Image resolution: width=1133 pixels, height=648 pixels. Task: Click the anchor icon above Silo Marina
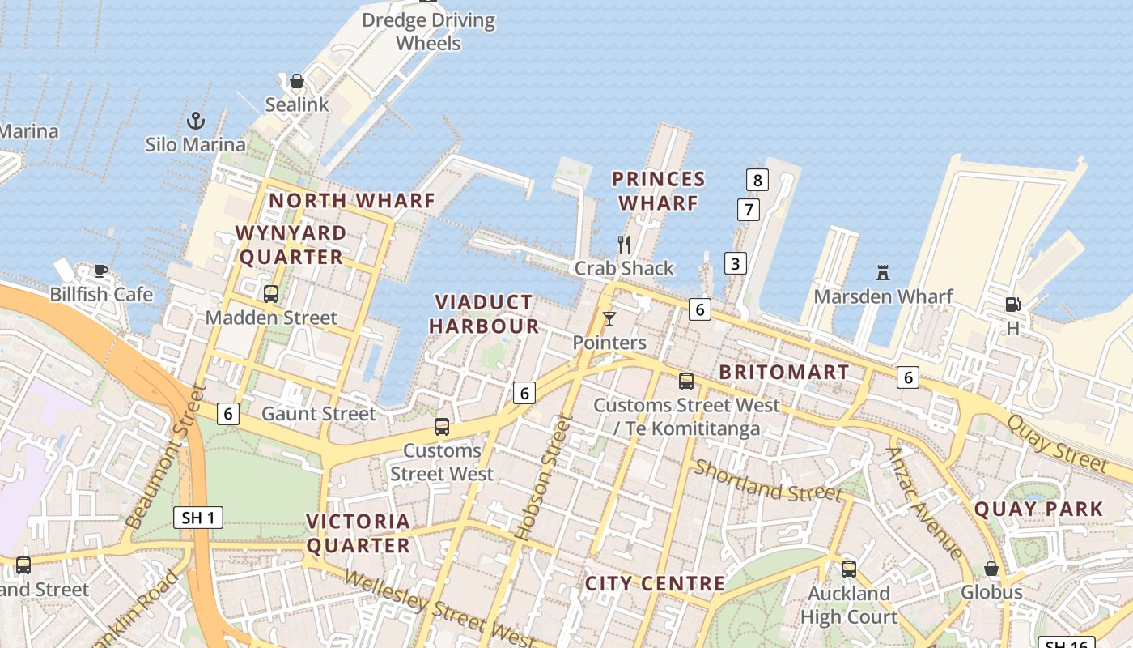(196, 122)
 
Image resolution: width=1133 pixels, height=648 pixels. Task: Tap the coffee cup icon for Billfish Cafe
(100, 271)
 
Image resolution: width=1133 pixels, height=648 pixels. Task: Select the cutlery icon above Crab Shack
(624, 244)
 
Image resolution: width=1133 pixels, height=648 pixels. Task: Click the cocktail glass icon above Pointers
(609, 319)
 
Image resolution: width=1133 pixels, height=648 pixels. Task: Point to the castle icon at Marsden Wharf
(883, 273)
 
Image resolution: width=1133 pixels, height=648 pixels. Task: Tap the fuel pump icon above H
(1012, 305)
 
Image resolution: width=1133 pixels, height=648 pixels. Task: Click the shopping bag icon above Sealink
(297, 81)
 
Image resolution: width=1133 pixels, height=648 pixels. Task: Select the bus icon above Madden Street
(271, 293)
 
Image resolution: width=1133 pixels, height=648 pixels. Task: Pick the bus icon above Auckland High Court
(849, 569)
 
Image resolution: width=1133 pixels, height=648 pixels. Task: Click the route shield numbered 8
(757, 180)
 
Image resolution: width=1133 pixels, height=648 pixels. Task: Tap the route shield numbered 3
(735, 263)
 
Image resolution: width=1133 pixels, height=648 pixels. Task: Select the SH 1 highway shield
(198, 518)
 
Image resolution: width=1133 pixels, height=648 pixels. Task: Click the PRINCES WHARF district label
(658, 191)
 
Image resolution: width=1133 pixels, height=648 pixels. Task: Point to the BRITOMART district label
(784, 372)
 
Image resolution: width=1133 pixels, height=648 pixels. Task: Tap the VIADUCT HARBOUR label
(484, 314)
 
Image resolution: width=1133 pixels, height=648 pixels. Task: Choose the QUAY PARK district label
(1038, 509)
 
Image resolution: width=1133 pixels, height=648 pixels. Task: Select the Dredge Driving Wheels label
(428, 31)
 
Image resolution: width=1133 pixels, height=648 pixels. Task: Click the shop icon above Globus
(991, 569)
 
